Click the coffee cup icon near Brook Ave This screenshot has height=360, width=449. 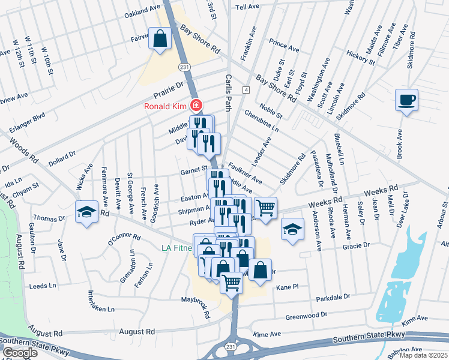(406, 99)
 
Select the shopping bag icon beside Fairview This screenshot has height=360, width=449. (161, 40)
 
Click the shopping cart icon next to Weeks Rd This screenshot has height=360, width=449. (265, 208)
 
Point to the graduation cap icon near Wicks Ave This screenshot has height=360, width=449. (86, 211)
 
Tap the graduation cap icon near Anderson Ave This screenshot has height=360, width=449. (292, 229)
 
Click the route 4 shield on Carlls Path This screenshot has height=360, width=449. (246, 89)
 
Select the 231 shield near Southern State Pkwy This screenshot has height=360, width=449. (231, 346)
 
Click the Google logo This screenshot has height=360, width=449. (19, 353)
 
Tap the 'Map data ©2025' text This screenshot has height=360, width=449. (422, 355)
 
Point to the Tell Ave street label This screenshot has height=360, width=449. (250, 7)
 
